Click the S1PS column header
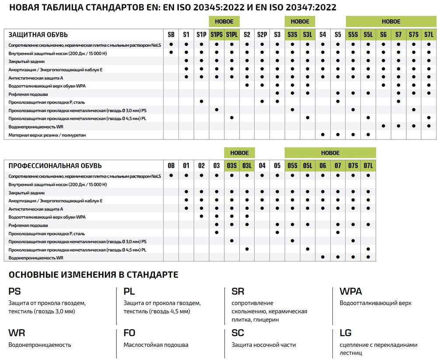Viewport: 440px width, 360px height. coord(217,35)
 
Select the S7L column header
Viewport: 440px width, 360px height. coord(428,35)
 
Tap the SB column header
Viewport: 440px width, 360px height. coord(171,35)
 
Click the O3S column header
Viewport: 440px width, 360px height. coord(231,166)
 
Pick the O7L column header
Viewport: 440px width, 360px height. coord(368,166)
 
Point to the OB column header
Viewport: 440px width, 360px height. coord(171,166)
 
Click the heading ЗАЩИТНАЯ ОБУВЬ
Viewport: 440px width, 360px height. coord(38,35)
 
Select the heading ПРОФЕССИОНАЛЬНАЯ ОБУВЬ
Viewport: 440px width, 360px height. coord(55,166)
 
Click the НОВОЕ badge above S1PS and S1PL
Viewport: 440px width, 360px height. coord(224,21)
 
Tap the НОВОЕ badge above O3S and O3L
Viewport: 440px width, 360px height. coord(239,153)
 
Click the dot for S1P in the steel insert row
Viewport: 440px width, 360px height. coord(201,101)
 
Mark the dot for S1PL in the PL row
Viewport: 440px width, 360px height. coord(232,118)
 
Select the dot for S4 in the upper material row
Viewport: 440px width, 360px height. coord(323,134)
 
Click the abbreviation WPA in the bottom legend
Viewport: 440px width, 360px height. coord(351,292)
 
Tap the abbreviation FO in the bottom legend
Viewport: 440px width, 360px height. coord(129,333)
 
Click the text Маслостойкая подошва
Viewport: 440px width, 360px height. coord(156,345)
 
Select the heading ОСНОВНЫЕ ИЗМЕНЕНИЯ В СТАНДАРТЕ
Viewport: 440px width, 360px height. coord(93,275)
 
